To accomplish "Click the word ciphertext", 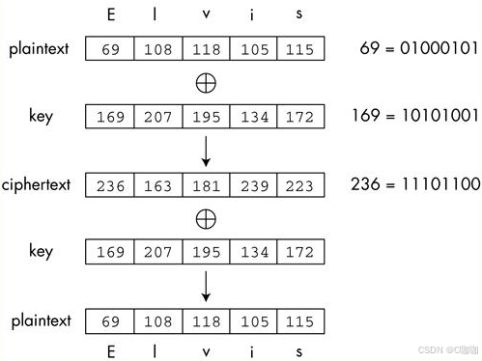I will pos(36,183).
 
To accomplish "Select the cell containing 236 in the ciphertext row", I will pos(110,184).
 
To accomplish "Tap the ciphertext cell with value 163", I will pos(157,184).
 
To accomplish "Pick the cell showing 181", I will pos(205,184).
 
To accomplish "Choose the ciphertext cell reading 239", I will pos(252,184).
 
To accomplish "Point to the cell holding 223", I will pos(299,184).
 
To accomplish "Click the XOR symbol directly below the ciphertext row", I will pos(205,219).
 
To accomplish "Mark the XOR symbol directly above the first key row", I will pos(205,83).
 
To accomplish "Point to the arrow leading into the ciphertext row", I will pos(205,151).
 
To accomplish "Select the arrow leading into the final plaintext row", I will pos(205,286).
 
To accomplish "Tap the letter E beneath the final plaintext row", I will pos(110,351).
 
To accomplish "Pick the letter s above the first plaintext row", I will pos(298,15).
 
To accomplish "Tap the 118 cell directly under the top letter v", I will pos(205,48).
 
